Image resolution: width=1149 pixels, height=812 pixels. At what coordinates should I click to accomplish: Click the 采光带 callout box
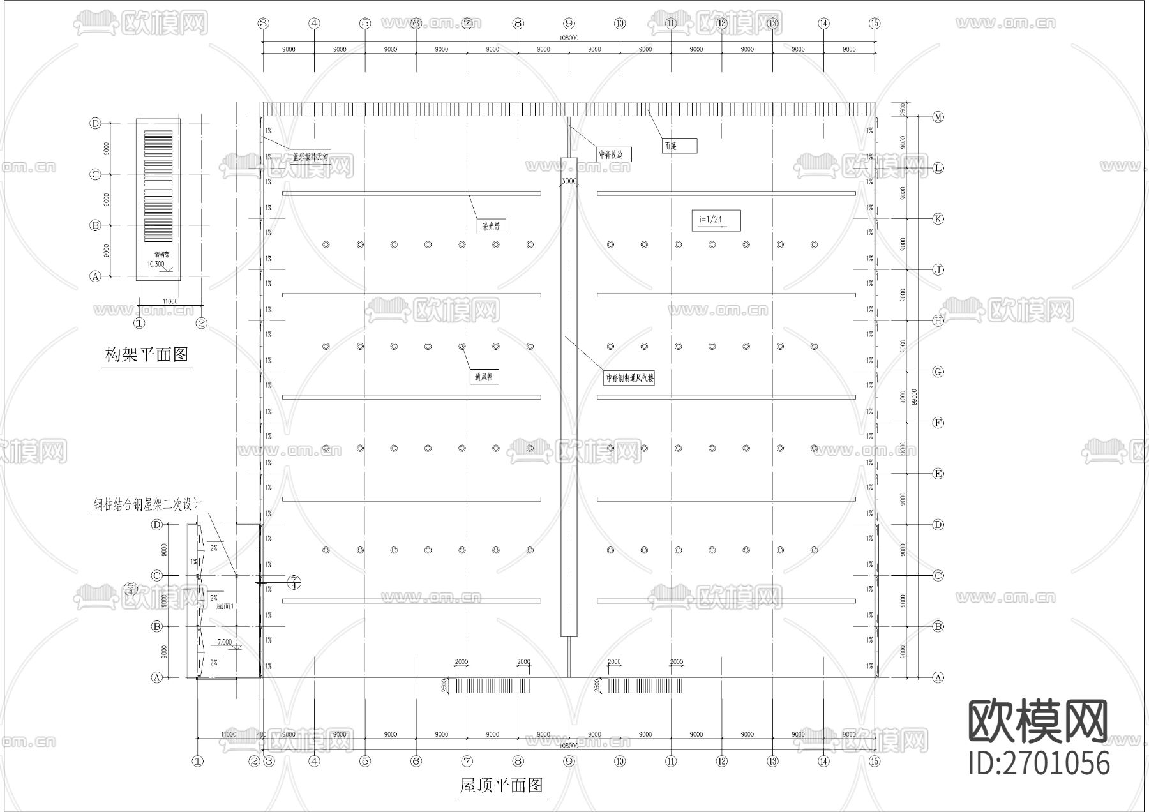tap(491, 226)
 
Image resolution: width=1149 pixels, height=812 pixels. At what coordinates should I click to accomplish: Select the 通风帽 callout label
tap(483, 377)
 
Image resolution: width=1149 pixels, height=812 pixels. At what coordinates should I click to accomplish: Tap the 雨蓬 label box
tap(679, 146)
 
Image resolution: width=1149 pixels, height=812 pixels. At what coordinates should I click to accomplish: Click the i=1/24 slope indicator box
tap(716, 220)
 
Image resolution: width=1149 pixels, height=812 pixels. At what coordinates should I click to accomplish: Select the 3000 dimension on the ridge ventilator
tap(568, 181)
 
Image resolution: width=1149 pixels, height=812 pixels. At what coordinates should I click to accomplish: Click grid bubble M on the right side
tap(938, 117)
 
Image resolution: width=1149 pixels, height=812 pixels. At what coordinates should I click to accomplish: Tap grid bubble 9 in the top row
tap(569, 24)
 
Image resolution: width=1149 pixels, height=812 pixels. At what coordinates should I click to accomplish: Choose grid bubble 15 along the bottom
tap(875, 761)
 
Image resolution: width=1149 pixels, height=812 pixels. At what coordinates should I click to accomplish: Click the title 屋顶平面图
tap(501, 785)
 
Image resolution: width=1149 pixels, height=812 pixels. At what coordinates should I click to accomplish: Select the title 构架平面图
tap(147, 354)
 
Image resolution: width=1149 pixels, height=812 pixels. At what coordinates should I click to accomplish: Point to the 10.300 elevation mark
tap(156, 264)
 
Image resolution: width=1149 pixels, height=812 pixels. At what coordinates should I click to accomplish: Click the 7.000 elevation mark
tap(225, 642)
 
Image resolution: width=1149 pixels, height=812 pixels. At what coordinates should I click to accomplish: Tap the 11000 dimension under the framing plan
tap(170, 301)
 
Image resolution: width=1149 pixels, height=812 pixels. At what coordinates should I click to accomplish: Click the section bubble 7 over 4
tap(294, 582)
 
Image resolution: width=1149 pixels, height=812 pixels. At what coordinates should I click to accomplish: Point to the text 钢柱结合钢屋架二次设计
tap(147, 505)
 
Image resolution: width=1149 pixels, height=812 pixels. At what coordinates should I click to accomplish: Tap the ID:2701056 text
tap(1039, 763)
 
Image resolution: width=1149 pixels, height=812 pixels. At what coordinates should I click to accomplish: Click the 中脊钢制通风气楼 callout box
tap(630, 378)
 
